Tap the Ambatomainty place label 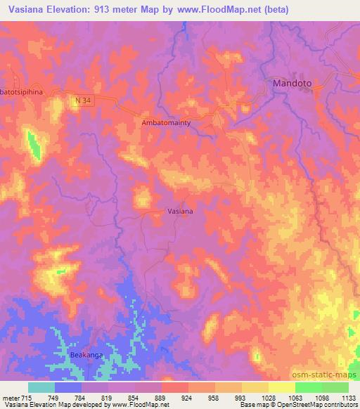coord(167,122)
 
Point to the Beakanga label coord(86,356)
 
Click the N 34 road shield coord(83,101)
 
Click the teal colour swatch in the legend coord(41,387)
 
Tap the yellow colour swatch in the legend coord(282,387)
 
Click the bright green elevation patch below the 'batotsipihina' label coord(33,143)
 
